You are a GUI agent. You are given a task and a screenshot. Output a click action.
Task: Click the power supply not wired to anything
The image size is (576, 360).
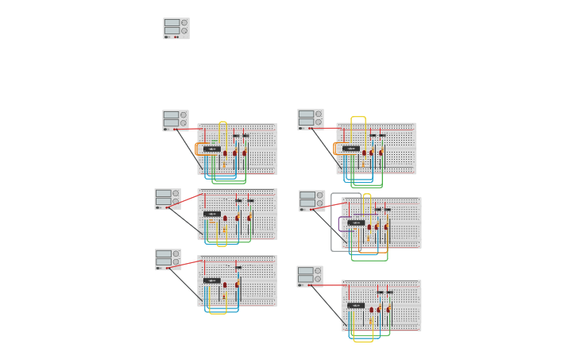click(176, 29)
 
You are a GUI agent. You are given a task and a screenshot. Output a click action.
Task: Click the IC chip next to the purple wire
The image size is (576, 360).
click(356, 223)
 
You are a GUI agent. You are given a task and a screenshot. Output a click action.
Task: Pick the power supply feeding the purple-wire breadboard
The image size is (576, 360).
click(311, 201)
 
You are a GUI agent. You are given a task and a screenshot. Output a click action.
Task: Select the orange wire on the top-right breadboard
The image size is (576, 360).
click(335, 149)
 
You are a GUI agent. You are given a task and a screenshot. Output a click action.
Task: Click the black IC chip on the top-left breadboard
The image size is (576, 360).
click(211, 149)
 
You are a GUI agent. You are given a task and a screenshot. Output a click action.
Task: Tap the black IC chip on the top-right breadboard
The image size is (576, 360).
click(350, 149)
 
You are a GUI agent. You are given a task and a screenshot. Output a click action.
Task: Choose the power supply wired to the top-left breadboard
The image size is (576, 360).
click(175, 121)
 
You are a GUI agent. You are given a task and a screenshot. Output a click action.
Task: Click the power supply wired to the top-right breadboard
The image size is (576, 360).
click(310, 120)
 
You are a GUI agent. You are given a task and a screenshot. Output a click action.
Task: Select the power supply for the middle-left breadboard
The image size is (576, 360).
click(167, 199)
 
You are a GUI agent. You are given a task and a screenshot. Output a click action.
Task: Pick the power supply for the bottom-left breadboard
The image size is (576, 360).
click(168, 260)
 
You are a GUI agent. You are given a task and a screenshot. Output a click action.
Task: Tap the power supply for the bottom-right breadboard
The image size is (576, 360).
click(309, 277)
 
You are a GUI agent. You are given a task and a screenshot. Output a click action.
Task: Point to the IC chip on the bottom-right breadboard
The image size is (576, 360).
click(356, 305)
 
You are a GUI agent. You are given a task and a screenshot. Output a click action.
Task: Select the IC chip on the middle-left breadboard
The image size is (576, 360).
click(211, 214)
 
